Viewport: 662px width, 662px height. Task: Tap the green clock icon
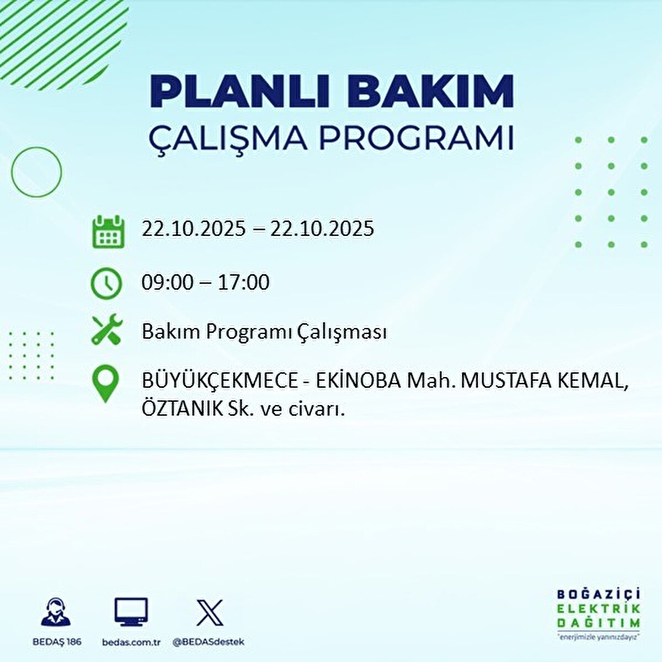pos(106,283)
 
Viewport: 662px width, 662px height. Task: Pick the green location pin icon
pos(105,385)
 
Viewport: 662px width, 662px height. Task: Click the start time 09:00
pos(168,282)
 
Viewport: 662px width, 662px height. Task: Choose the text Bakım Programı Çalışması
pos(264,332)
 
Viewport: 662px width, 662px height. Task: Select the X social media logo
pos(210,613)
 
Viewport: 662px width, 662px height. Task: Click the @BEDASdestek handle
pos(209,642)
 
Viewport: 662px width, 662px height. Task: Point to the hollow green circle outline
pos(36,172)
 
